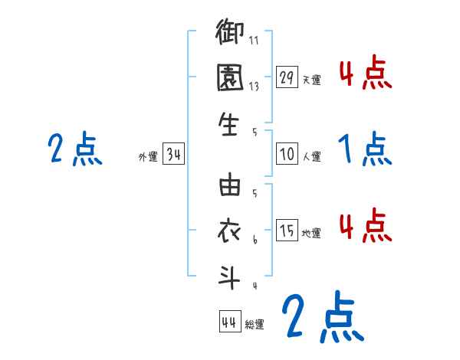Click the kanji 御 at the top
coord(229,34)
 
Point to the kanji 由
coord(229,186)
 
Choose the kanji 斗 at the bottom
coord(229,275)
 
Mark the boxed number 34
coord(173,155)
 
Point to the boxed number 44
coord(229,322)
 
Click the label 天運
coord(311,80)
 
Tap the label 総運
coord(254,325)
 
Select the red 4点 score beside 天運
coord(365,74)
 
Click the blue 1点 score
coord(365,149)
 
